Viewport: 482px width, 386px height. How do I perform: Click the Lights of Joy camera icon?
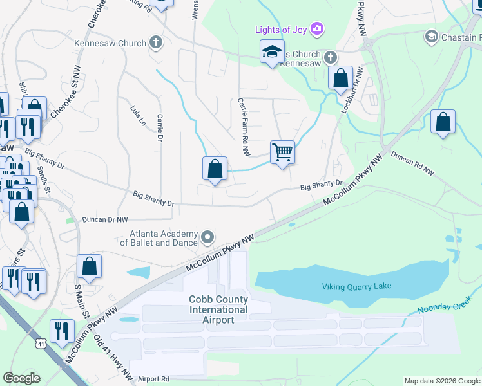coord(316,28)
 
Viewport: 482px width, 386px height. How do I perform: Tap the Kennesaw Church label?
coord(110,43)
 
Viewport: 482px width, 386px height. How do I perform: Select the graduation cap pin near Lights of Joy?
coord(272,51)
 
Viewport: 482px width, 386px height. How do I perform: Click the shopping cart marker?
coord(282,152)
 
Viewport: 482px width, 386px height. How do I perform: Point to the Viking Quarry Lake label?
coord(356,286)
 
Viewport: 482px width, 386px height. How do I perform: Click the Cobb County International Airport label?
coord(218,309)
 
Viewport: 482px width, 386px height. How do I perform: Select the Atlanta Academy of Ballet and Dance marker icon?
coord(207,238)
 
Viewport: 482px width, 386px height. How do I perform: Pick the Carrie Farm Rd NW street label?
coord(244,127)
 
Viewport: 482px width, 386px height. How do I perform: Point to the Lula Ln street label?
coord(138,115)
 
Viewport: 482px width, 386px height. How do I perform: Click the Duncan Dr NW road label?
coord(105,220)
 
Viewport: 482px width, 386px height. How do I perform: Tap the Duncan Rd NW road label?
coord(413,164)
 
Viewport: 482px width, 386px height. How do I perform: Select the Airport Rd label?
coord(152,379)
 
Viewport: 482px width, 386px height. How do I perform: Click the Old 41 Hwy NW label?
coord(111,355)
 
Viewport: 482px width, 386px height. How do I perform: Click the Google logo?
coord(21,378)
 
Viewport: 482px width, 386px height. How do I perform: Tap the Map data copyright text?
coord(441,381)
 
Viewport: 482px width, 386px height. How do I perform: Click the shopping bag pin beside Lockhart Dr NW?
coord(340,78)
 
